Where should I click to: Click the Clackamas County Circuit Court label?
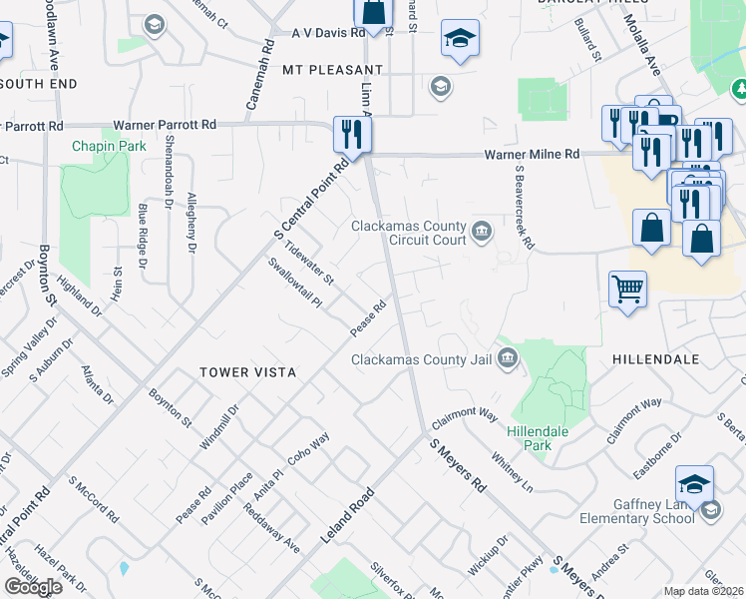(409, 233)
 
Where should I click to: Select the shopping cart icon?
(627, 290)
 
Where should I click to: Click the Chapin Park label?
(109, 146)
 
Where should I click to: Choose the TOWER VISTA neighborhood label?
(248, 371)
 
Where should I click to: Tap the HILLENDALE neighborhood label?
(656, 357)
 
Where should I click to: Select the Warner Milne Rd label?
(532, 155)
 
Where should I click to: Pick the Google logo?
(34, 586)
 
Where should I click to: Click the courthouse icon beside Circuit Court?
(482, 233)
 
